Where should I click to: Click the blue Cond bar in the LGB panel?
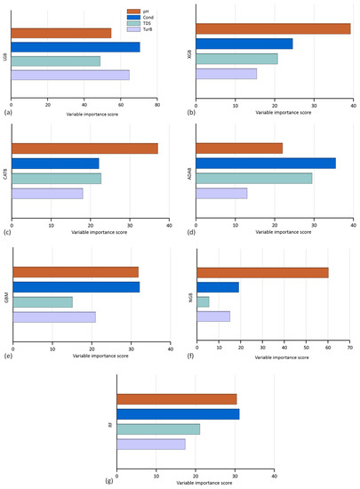click(x=75, y=47)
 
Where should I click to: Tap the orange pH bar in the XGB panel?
click(x=273, y=28)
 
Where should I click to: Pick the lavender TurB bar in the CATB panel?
click(x=46, y=193)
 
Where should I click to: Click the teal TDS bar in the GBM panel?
click(x=42, y=302)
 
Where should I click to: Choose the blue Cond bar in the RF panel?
click(x=178, y=414)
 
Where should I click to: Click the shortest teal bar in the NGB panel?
click(x=203, y=302)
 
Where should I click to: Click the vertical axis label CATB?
click(x=5, y=171)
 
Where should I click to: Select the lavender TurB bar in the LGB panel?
click(x=69, y=75)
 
